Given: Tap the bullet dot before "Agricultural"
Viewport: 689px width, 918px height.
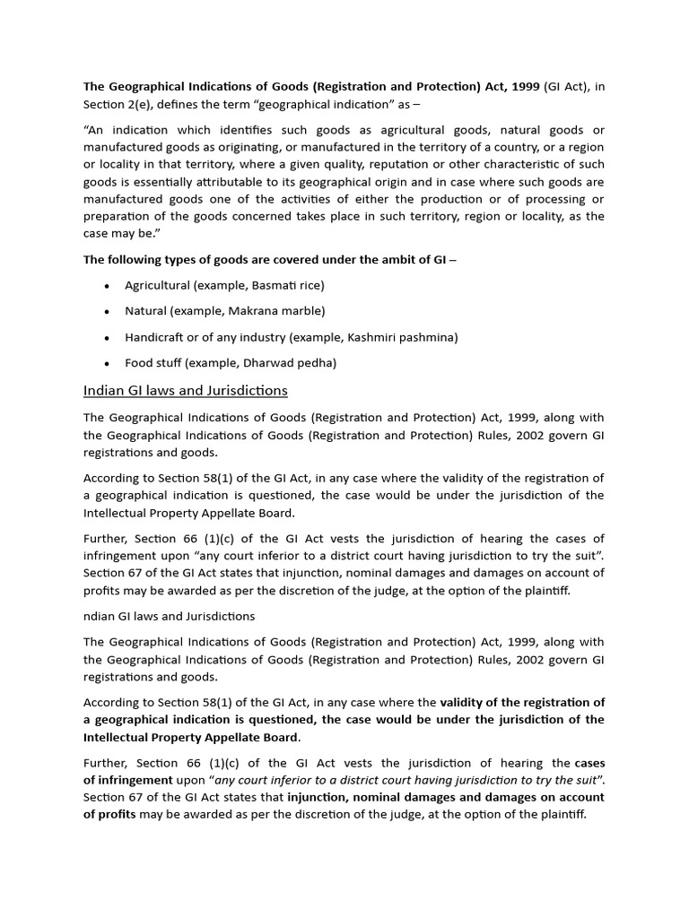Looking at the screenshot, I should click(x=107, y=286).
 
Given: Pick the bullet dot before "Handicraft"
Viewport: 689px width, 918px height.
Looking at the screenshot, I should click(x=107, y=338).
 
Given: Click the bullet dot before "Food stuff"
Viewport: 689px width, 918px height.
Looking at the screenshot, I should click(x=107, y=364).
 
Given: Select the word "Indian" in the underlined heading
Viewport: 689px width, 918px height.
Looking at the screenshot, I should click(x=102, y=391).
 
